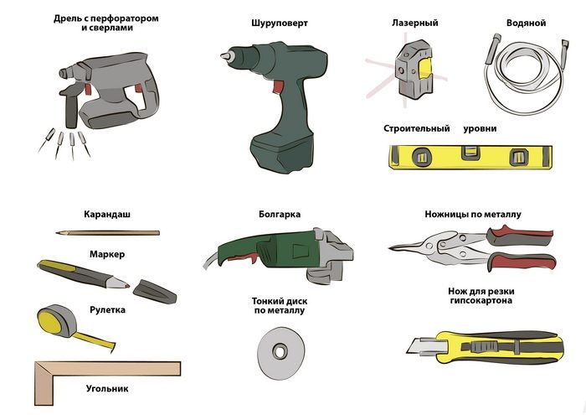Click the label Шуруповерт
[x=280, y=23]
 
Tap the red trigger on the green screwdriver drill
[x=278, y=86]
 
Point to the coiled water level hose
[x=526, y=75]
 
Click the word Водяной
[x=526, y=23]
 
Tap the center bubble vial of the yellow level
[x=470, y=153]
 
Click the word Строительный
[x=416, y=129]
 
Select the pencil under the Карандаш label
[x=108, y=233]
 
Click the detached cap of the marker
[x=154, y=291]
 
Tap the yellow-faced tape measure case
[x=57, y=323]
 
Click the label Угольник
[x=107, y=388]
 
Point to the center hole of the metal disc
[x=280, y=351]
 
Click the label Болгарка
[x=280, y=215]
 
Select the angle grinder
[x=279, y=255]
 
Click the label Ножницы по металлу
[x=473, y=215]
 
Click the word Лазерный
[x=415, y=23]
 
